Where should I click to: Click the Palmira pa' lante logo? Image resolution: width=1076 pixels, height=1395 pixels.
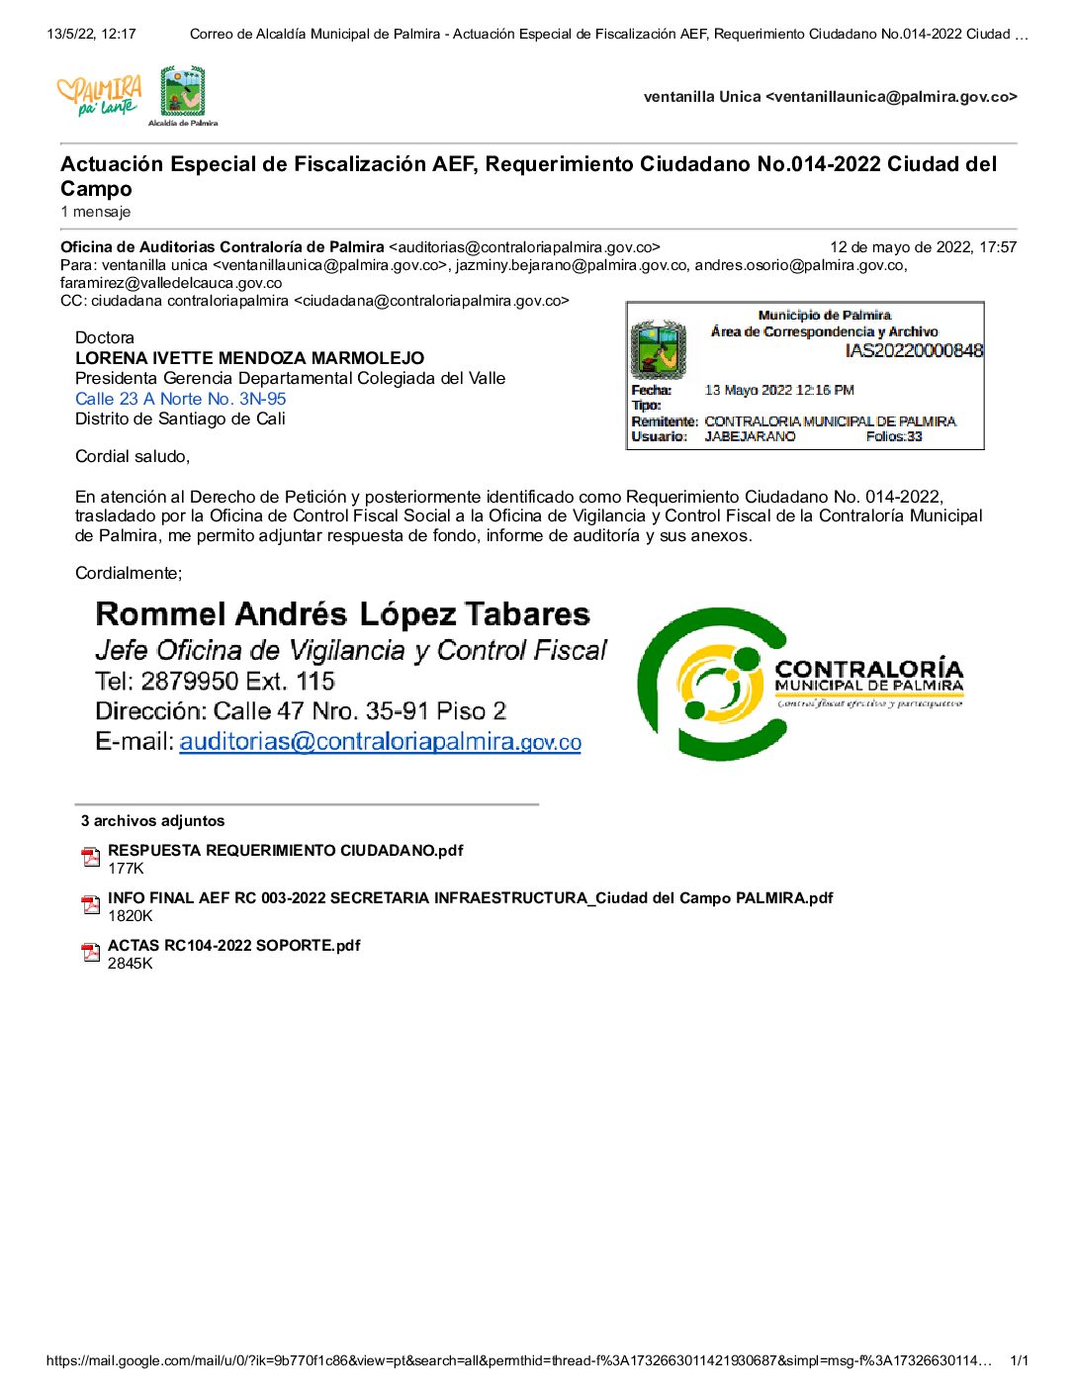click(x=99, y=96)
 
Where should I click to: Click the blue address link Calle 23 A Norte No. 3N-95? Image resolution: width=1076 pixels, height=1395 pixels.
click(x=180, y=399)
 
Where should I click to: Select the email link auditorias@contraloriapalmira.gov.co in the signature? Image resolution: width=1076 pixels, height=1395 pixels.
click(x=380, y=742)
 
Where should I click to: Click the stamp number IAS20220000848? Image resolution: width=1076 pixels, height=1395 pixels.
click(x=914, y=350)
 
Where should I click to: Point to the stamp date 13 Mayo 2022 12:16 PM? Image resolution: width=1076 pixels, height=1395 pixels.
click(x=779, y=390)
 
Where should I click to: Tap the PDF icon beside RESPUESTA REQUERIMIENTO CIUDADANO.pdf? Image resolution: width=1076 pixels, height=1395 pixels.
click(x=91, y=858)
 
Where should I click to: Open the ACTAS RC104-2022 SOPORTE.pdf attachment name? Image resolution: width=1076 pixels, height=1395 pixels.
click(x=233, y=946)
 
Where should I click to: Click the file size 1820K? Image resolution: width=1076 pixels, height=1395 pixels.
click(x=130, y=916)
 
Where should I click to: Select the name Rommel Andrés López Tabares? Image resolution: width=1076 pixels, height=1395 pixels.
click(x=342, y=614)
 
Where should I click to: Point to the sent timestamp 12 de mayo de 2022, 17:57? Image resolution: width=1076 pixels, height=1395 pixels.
click(x=923, y=247)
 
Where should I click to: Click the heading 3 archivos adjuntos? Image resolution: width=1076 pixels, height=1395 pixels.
click(x=152, y=821)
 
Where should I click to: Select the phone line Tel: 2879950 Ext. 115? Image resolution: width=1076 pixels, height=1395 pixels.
click(x=215, y=682)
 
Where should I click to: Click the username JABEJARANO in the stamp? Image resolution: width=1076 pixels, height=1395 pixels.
click(x=750, y=436)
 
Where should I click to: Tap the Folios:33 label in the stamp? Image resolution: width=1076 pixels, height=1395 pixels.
click(x=894, y=436)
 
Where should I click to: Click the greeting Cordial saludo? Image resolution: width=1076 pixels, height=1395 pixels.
click(x=133, y=456)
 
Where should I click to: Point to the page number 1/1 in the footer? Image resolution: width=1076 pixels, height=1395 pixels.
click(x=1019, y=1360)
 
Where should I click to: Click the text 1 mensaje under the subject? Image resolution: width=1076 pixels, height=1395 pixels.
click(x=95, y=212)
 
